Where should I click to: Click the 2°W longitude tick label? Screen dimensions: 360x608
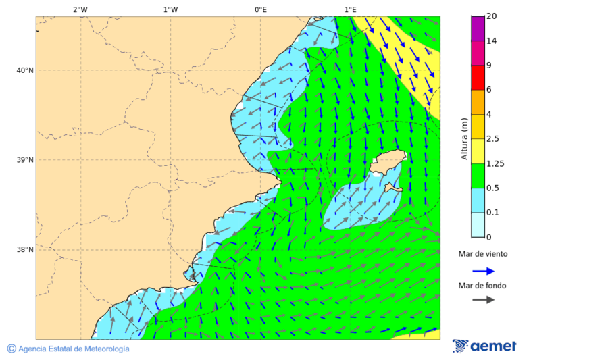coord(80,9)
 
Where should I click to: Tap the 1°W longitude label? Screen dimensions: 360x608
coord(170,9)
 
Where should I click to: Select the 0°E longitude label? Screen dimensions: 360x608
coord(260,9)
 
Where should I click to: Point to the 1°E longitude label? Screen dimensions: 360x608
coord(350,9)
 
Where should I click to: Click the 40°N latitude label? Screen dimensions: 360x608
coord(24,70)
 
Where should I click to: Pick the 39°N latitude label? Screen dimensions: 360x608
coord(24,160)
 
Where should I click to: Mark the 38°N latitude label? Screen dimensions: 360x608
coord(24,250)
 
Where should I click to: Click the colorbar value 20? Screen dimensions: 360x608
coord(492,16)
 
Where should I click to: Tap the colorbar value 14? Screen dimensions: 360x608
coord(492,41)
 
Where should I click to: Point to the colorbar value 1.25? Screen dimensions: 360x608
coord(496,163)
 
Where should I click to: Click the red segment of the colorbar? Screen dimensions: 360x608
coord(478,78)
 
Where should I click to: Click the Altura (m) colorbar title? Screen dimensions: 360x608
coord(464,139)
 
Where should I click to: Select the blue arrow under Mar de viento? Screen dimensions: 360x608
coord(483,271)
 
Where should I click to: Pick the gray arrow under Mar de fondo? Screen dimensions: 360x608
coord(483,300)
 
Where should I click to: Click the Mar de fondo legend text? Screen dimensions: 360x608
coord(482,286)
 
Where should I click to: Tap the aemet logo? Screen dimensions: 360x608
coord(484,346)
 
